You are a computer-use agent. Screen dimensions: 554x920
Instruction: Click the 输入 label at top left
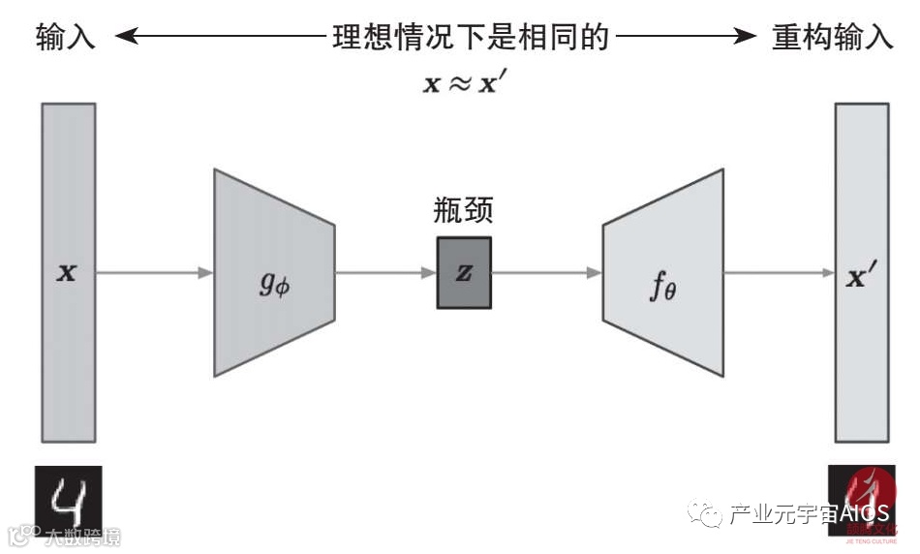[x=66, y=38]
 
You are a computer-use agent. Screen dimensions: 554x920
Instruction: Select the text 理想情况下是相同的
[x=471, y=38]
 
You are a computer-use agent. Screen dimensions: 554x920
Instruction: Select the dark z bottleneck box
[x=464, y=273]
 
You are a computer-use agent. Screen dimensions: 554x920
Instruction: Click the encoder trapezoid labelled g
[x=274, y=273]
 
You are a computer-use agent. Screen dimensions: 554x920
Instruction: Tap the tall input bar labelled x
[x=68, y=273]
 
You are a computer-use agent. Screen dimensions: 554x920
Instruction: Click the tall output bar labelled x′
[x=862, y=273]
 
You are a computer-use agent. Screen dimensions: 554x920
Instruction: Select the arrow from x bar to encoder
[x=155, y=273]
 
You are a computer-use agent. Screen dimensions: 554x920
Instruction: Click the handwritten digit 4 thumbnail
[x=68, y=499]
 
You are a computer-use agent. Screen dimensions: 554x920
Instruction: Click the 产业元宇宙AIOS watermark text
[x=808, y=514]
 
